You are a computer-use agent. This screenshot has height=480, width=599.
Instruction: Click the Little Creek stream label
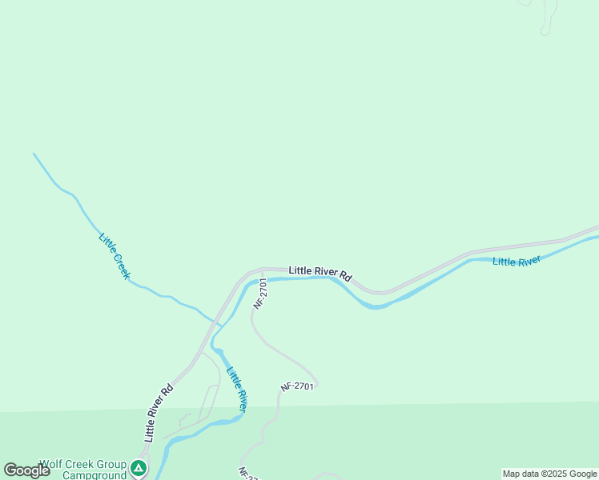click(115, 255)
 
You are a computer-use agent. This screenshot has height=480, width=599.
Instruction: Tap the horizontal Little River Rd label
click(320, 273)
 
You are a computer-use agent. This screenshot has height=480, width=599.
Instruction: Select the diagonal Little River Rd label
click(159, 413)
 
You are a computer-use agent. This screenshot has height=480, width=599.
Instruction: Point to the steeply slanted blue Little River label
click(236, 388)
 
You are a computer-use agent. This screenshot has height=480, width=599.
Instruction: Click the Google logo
click(26, 470)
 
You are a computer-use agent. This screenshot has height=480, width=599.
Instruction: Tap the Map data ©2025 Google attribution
click(550, 474)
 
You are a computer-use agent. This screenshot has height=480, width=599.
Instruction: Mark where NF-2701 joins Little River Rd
click(262, 270)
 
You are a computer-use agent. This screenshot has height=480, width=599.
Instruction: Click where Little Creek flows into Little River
click(218, 324)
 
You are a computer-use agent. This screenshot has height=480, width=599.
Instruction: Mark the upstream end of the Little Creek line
click(34, 153)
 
